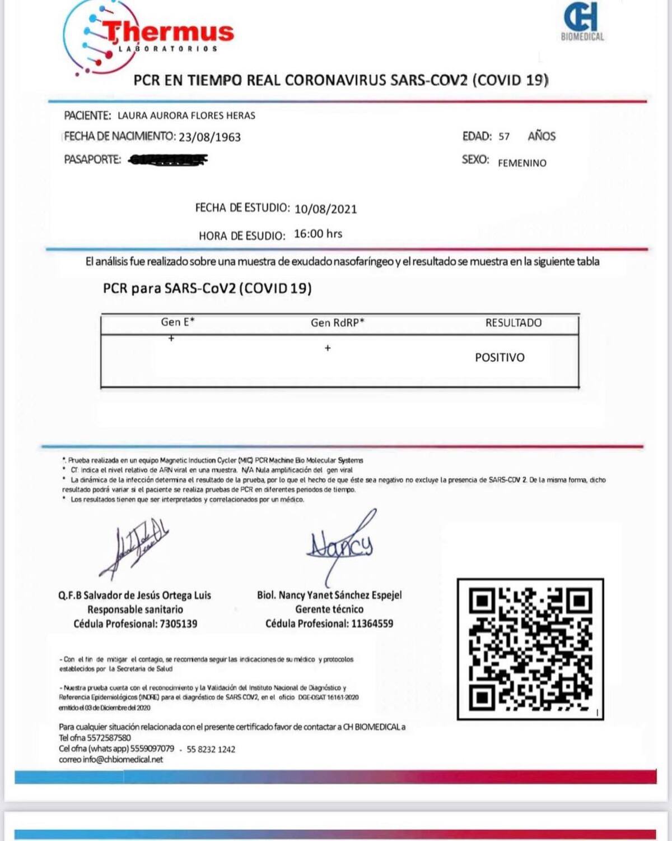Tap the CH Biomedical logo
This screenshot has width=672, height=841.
(582, 22)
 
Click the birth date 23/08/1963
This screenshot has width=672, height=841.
(209, 137)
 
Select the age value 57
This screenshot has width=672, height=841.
(504, 136)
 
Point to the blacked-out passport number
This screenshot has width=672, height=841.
(167, 160)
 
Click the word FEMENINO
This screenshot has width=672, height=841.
(522, 163)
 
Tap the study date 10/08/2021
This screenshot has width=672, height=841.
(325, 209)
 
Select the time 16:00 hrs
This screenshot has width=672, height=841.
(318, 234)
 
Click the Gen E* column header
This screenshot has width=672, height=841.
(178, 322)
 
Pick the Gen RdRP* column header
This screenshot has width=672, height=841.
(337, 322)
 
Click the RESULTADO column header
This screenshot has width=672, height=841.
(513, 323)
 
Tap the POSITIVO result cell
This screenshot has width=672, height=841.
(500, 358)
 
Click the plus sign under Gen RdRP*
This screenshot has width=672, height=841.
(328, 348)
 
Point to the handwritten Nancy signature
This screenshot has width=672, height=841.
(340, 544)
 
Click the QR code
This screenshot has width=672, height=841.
(530, 649)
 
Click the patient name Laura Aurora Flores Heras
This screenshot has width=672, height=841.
(186, 116)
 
